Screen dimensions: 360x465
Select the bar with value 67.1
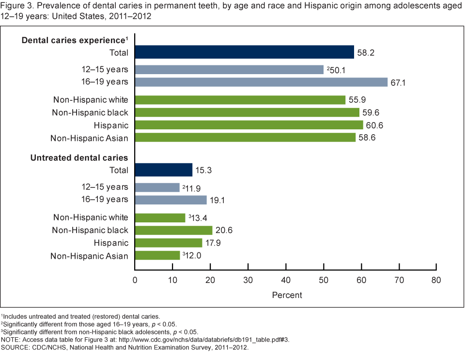(262, 82)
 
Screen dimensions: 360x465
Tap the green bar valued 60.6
(249, 125)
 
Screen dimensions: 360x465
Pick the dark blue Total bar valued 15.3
(164, 170)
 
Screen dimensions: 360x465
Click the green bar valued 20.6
(174, 230)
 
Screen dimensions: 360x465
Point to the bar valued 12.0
(157, 255)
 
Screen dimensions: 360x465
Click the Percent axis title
(287, 295)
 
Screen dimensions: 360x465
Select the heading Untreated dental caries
(79, 157)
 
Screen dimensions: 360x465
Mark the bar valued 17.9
(169, 243)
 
